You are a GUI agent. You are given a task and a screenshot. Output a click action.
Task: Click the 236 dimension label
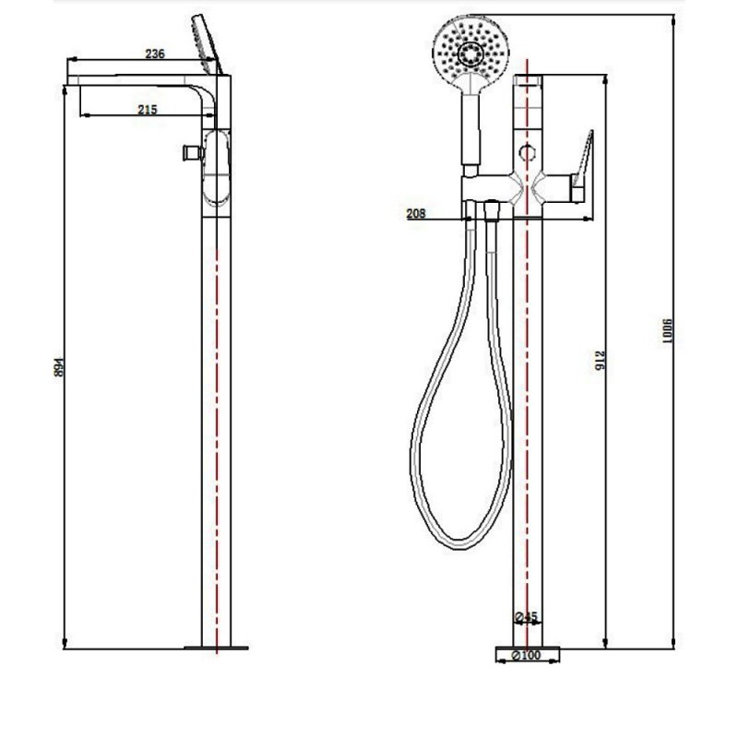point(154,54)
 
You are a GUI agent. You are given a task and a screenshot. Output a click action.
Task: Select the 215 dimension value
point(147,110)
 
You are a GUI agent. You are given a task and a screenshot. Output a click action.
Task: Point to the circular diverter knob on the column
point(528,153)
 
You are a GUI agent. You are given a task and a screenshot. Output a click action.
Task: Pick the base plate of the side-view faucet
point(216,648)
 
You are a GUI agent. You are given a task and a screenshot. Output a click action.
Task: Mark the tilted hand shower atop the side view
point(206,42)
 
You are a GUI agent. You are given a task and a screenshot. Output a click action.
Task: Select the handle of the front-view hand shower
point(473,129)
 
